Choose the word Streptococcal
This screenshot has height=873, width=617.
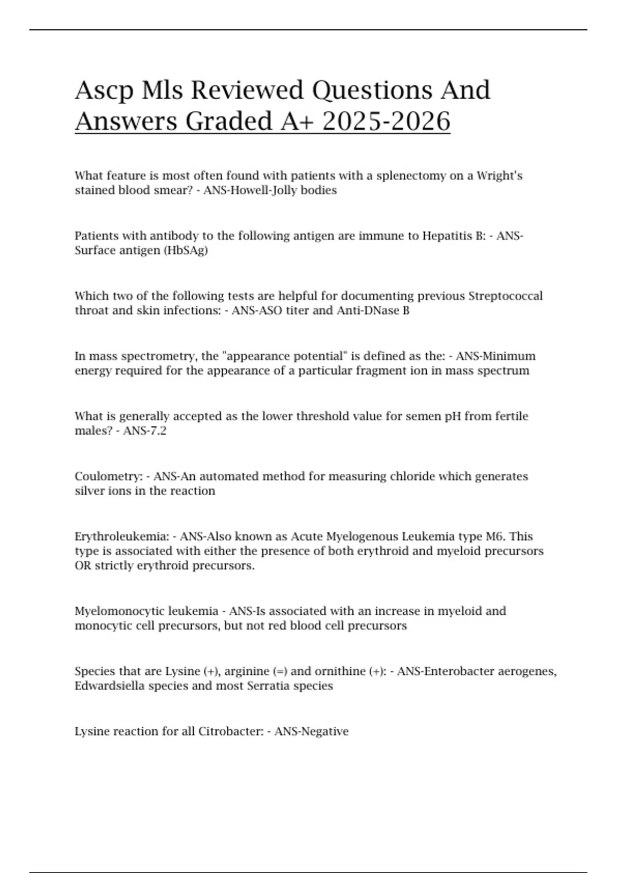(505, 296)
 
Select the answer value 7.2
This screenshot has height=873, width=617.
(157, 431)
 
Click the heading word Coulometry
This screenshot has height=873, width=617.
(108, 476)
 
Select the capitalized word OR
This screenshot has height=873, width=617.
(83, 566)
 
